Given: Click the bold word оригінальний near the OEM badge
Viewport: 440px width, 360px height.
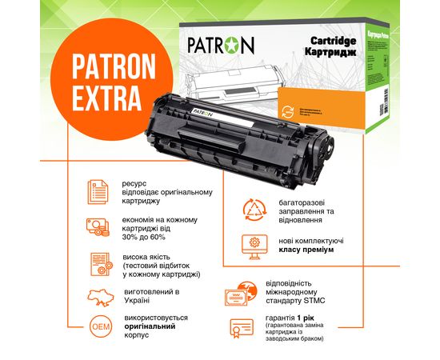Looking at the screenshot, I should tap(149, 327).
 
